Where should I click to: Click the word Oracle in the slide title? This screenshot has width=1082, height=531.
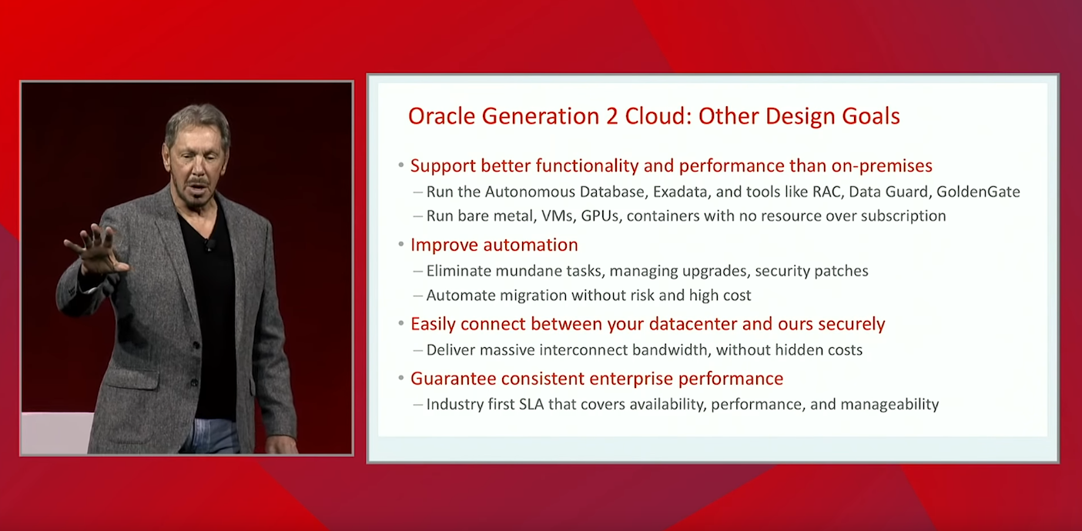click(x=441, y=116)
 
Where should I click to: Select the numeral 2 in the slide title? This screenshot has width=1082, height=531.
click(x=612, y=116)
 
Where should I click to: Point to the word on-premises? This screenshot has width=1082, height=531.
click(x=882, y=166)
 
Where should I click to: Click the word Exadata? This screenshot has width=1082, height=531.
click(x=681, y=192)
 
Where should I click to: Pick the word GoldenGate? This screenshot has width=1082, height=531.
click(x=978, y=192)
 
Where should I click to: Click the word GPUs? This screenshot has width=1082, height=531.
click(x=600, y=215)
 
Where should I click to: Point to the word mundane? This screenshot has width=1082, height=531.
click(x=528, y=271)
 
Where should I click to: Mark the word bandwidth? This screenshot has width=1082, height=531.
click(x=669, y=350)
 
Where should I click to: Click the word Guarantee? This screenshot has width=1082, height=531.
click(x=453, y=379)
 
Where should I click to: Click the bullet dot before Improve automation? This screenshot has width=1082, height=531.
click(x=401, y=244)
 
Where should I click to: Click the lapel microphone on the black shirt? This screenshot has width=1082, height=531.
click(x=209, y=245)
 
